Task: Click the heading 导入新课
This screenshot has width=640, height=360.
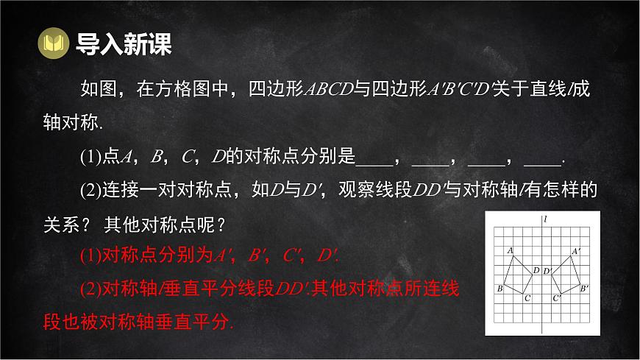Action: (124, 44)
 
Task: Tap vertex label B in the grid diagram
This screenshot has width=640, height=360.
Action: (500, 289)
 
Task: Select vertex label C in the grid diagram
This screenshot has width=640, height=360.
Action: (527, 298)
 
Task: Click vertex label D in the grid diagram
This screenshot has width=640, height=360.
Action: (536, 270)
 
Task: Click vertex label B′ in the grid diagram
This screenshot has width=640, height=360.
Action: (584, 289)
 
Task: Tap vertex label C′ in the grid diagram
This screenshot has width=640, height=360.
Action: (557, 298)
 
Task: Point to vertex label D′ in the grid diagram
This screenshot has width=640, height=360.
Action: (547, 270)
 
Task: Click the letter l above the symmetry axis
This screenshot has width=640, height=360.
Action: (545, 219)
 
